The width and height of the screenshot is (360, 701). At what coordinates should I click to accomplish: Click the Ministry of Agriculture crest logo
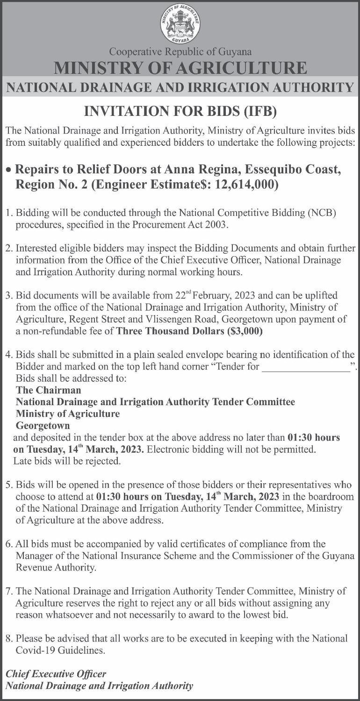point(180,23)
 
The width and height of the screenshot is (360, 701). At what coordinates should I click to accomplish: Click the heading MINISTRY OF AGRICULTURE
point(180,68)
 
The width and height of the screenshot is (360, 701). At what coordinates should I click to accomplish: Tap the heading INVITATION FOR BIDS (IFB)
point(180,111)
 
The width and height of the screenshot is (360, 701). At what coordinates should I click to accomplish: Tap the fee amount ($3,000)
point(239,332)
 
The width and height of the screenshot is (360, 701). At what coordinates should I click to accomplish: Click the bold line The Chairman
point(49,389)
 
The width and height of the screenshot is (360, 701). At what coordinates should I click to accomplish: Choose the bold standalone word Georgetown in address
point(43,426)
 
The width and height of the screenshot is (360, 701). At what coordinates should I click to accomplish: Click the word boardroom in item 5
point(330,496)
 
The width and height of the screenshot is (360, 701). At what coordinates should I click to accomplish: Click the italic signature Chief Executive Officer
point(56,674)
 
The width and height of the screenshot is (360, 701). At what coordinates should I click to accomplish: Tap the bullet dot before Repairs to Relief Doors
point(9,170)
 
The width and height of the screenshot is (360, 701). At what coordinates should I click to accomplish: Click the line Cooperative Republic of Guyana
point(180,52)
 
